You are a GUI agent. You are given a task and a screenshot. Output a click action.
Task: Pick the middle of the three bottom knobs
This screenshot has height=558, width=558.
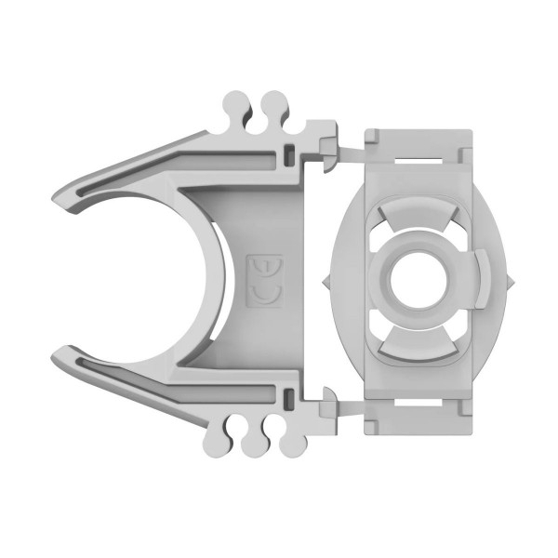(x=251, y=448)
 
